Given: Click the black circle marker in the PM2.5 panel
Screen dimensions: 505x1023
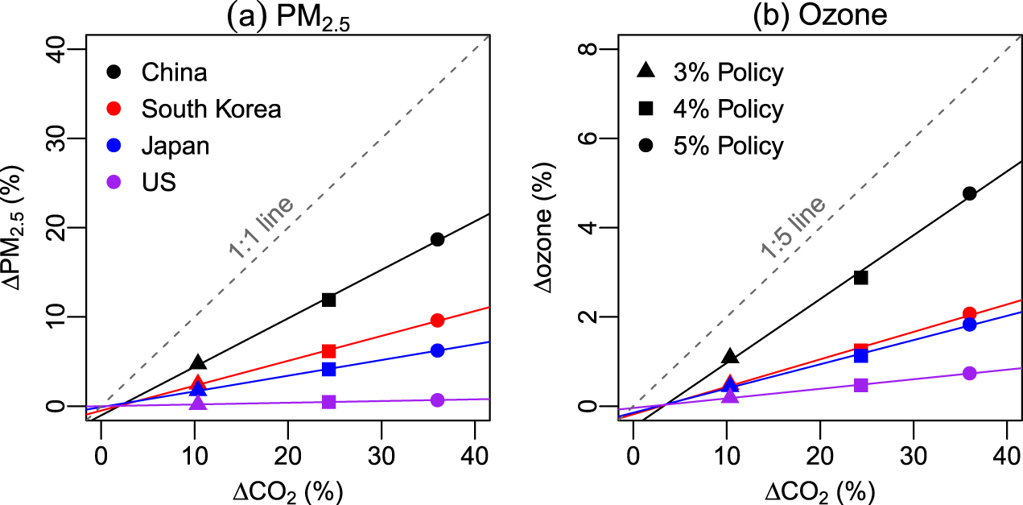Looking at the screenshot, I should pyautogui.click(x=437, y=239).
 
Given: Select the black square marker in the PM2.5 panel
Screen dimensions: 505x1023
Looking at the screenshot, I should pyautogui.click(x=328, y=300).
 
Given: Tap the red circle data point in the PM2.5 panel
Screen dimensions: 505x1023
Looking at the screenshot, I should pyautogui.click(x=437, y=321).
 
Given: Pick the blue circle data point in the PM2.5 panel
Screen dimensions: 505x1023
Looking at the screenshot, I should pyautogui.click(x=437, y=350).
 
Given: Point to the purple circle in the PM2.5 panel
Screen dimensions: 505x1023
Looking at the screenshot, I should pyautogui.click(x=437, y=400).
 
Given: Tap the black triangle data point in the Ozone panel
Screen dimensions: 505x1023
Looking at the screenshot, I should pyautogui.click(x=730, y=356).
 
